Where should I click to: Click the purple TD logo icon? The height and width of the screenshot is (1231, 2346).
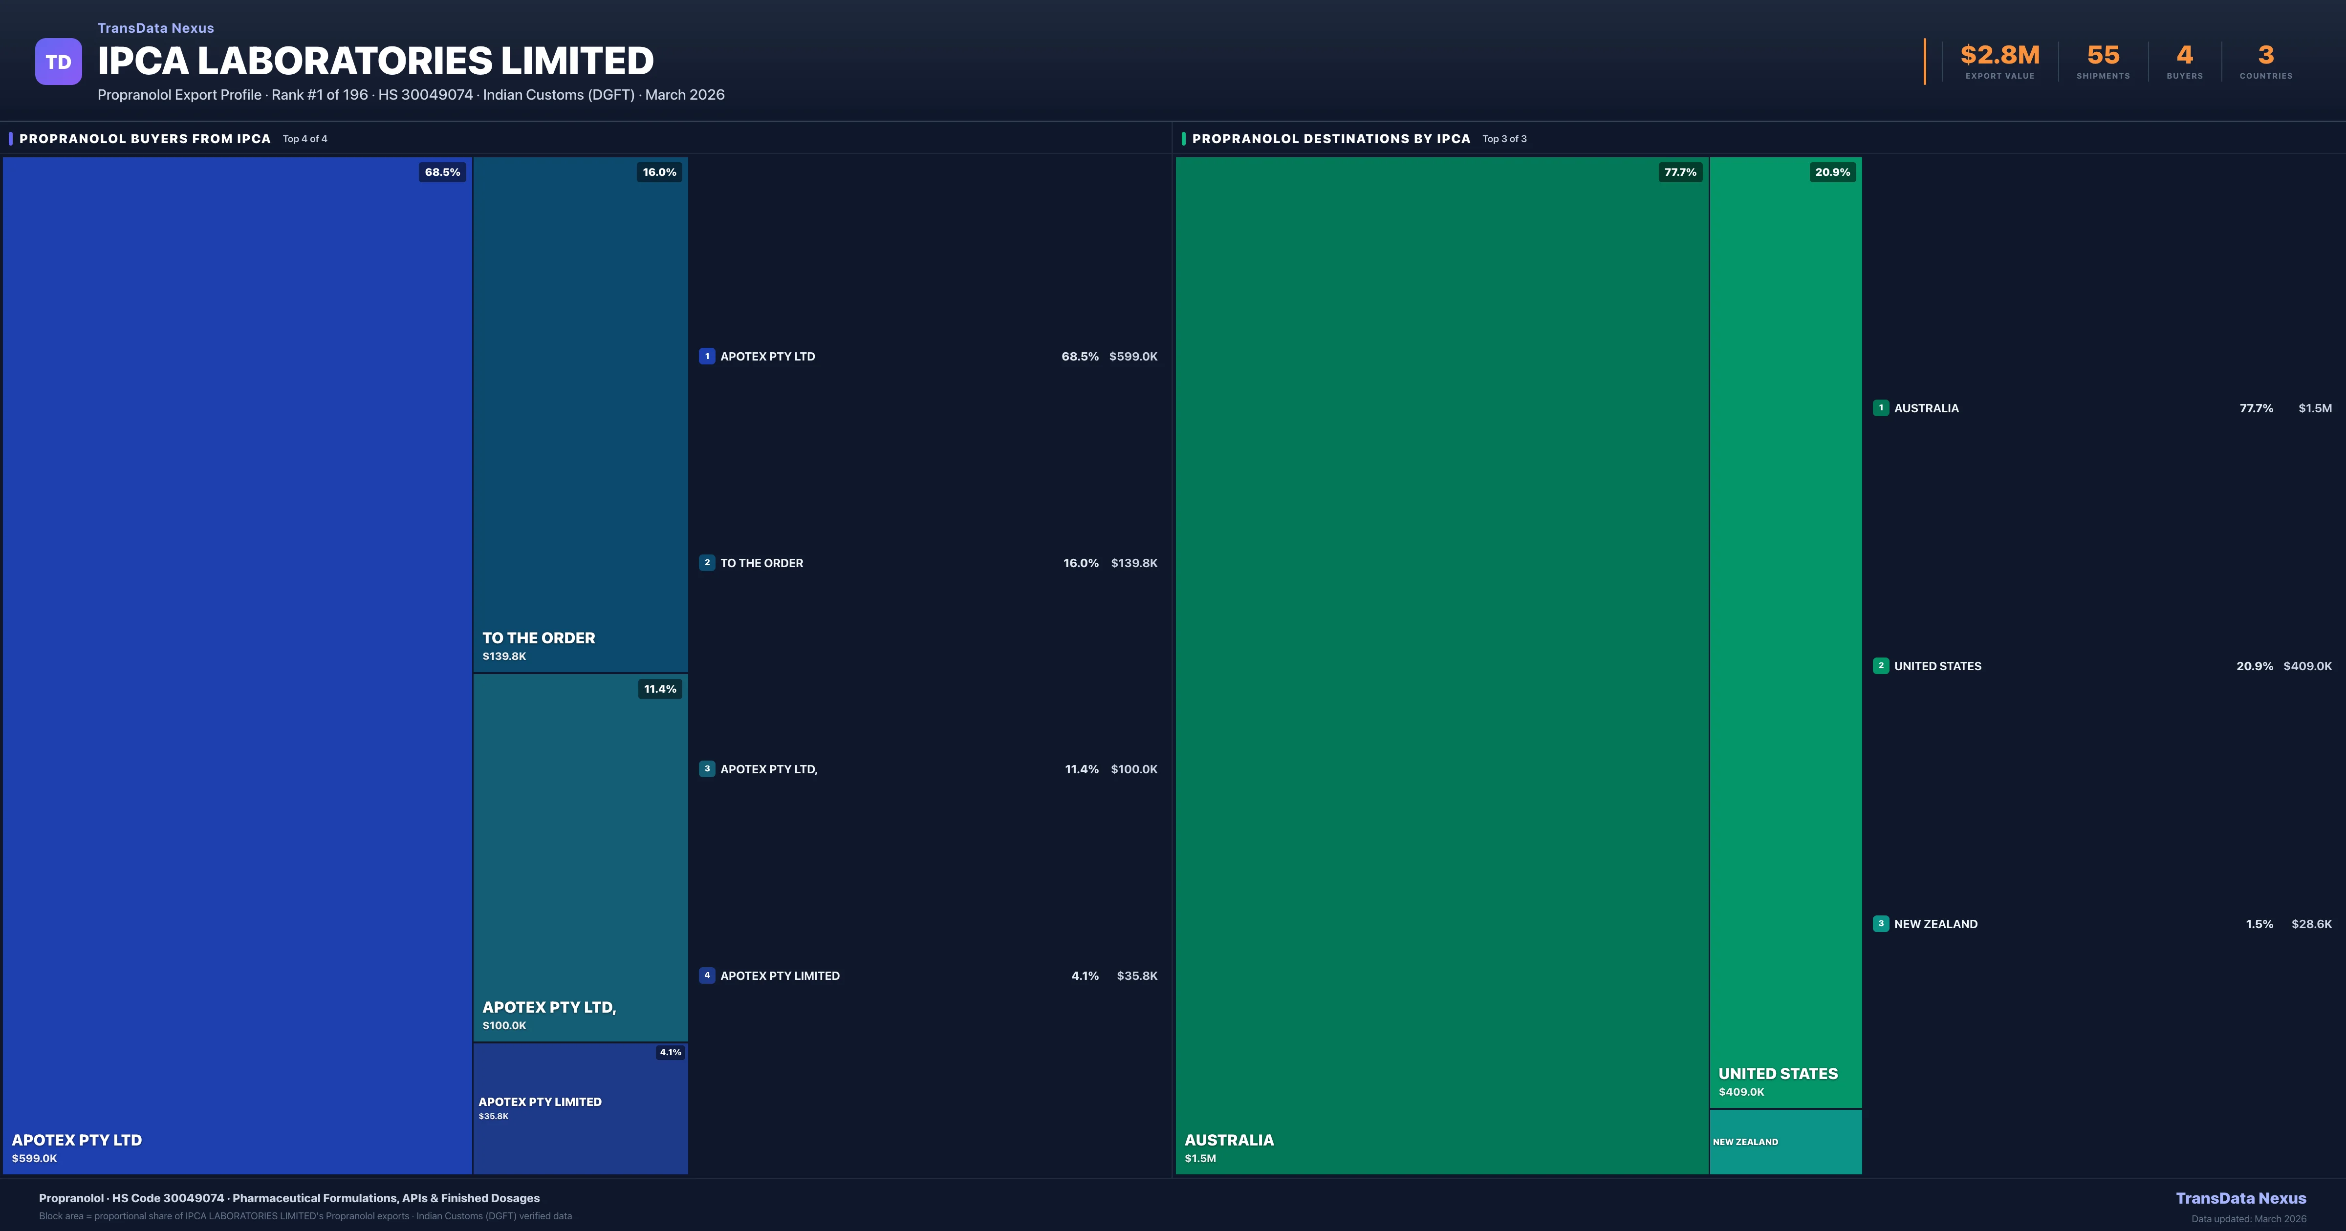58,62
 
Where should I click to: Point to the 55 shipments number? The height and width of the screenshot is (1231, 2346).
2103,56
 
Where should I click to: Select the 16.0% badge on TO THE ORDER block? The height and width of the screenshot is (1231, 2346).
659,172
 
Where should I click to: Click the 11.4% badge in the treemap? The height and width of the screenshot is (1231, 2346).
660,689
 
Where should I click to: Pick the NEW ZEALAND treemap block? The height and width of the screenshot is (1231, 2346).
1785,1142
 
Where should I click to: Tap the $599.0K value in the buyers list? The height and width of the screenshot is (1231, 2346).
1133,357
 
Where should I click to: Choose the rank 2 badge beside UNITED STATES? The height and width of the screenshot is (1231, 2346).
1881,666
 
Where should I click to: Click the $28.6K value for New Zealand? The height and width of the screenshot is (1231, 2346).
2311,924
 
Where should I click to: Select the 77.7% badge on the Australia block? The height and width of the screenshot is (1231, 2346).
1680,172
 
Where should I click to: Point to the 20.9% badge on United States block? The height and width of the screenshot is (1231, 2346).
1832,172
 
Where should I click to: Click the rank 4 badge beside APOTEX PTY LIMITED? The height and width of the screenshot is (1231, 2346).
707,975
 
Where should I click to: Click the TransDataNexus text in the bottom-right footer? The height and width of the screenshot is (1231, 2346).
2240,1198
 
